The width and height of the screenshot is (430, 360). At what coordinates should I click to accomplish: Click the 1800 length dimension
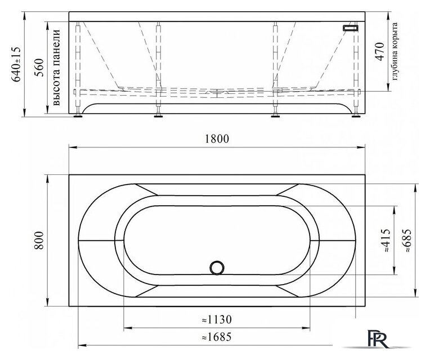[x=217, y=139]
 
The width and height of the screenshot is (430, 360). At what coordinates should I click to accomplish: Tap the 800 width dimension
[x=39, y=240]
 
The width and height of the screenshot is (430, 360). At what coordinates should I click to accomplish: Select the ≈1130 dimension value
[x=217, y=319]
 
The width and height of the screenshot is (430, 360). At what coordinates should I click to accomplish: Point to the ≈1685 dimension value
[x=217, y=337]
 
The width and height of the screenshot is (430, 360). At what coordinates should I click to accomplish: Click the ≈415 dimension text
[x=386, y=240]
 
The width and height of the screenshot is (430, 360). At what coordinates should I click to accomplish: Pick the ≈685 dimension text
[x=407, y=240]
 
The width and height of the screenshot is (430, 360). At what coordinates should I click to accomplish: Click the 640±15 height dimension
[x=16, y=64]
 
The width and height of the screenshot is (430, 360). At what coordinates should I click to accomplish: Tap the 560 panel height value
[x=39, y=67]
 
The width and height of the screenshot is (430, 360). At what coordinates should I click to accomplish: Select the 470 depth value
[x=379, y=52]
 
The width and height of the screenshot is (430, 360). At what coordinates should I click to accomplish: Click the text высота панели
[x=56, y=67]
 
